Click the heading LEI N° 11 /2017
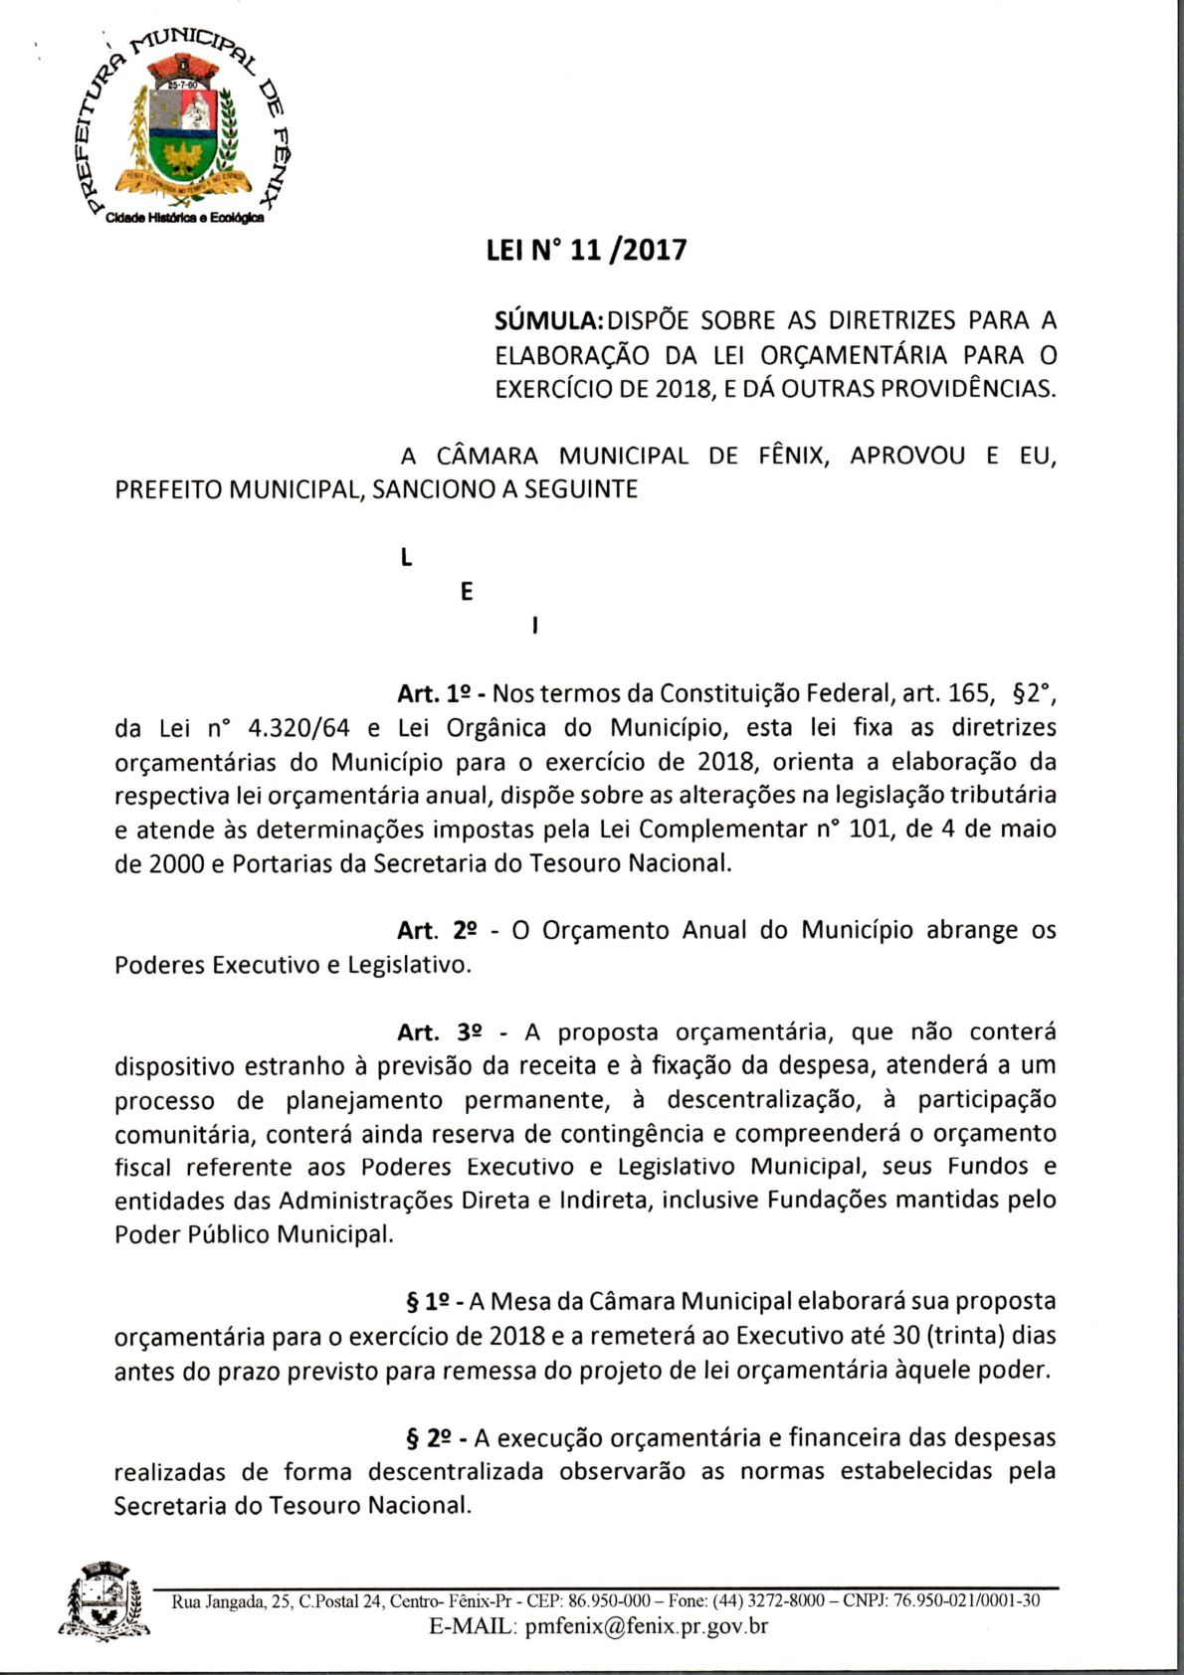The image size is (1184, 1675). [x=586, y=250]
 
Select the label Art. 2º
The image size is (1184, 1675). [x=436, y=931]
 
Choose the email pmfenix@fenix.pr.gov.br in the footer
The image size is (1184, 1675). [x=646, y=1626]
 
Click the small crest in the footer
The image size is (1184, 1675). [x=103, y=1601]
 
